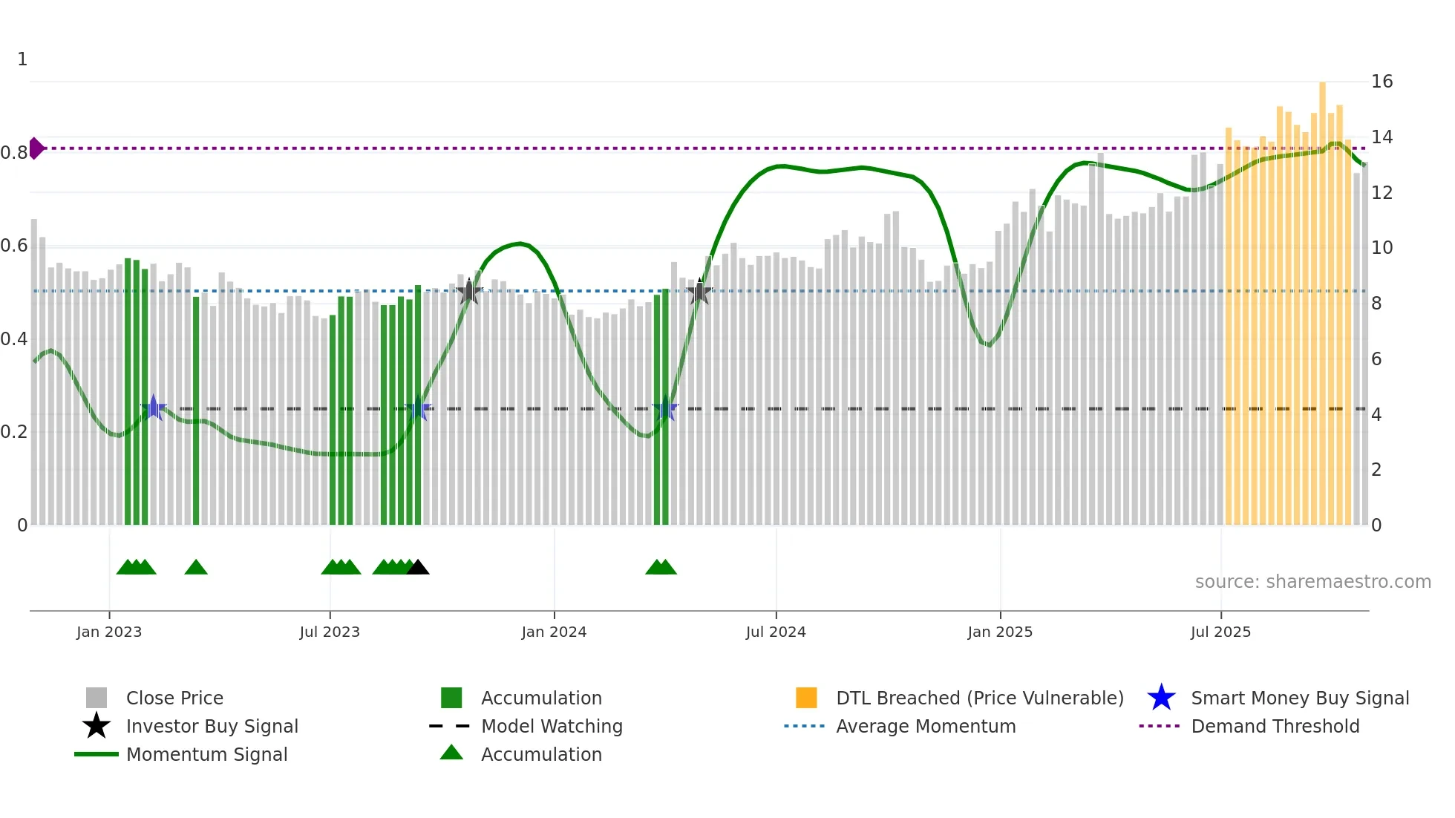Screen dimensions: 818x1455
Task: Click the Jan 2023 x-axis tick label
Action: click(109, 632)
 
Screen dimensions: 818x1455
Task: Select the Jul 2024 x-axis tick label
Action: click(776, 632)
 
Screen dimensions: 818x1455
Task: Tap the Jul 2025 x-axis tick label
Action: click(1220, 632)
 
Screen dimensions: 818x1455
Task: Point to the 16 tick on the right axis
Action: click(1382, 82)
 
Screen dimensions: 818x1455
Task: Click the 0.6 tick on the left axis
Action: click(14, 246)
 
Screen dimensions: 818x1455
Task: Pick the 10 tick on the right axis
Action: click(1382, 248)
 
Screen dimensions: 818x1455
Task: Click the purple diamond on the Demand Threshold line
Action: click(36, 148)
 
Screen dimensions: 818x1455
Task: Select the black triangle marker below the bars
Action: click(418, 567)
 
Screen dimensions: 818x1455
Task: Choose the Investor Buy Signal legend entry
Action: click(212, 726)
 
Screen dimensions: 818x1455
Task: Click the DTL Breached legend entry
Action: click(979, 698)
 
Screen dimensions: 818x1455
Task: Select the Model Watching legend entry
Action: click(552, 726)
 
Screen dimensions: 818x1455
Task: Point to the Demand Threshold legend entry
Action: click(1275, 726)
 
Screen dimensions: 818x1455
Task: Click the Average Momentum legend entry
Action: click(926, 726)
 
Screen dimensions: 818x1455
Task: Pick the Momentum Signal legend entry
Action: click(206, 754)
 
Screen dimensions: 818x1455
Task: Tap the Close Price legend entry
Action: click(174, 698)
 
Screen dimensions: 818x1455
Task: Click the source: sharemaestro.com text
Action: click(1312, 582)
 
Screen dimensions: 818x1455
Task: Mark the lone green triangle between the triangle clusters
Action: click(196, 567)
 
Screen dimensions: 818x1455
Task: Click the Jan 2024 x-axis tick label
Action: click(554, 632)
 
